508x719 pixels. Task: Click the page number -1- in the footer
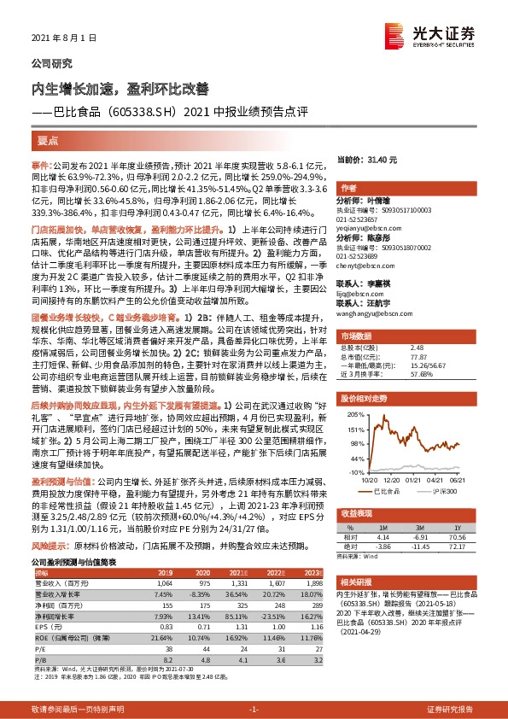(x=253, y=710)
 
